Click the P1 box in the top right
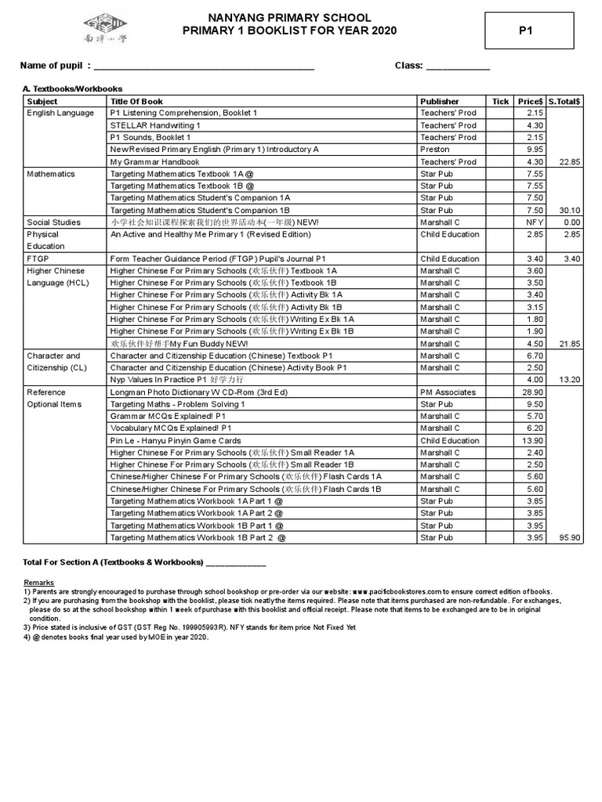[526, 31]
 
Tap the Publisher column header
[440, 101]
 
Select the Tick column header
[500, 101]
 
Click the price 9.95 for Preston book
[535, 150]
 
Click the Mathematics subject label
[51, 174]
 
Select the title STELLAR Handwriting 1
[155, 125]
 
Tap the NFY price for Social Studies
[535, 222]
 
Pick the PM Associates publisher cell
[448, 392]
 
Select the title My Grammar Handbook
[155, 162]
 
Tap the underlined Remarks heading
[39, 583]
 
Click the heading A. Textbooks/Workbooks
[72, 89]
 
